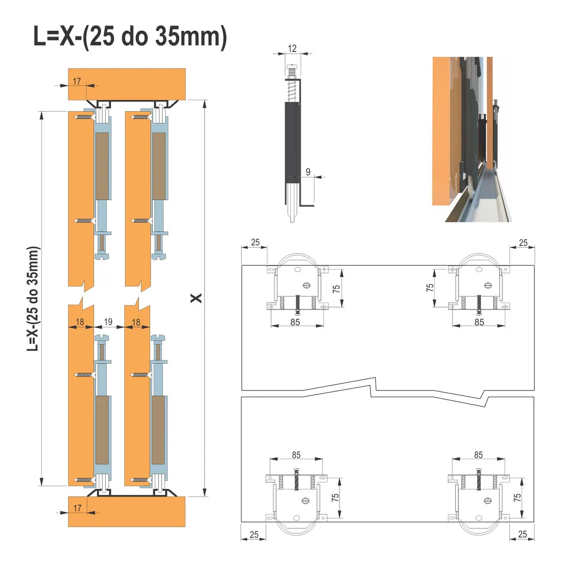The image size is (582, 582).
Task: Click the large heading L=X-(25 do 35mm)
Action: (130, 36)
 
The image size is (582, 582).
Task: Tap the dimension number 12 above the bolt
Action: (292, 48)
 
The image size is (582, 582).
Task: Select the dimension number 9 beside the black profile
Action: (308, 172)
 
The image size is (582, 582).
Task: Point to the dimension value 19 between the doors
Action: (108, 322)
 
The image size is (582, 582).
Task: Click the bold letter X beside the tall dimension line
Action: (196, 298)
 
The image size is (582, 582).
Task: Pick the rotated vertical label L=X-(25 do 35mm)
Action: (33, 299)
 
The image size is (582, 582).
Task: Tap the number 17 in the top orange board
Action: (77, 81)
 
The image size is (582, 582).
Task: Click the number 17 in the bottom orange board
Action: (77, 508)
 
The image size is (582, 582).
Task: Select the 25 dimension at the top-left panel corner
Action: (255, 242)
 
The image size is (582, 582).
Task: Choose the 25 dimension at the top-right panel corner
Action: (523, 242)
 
